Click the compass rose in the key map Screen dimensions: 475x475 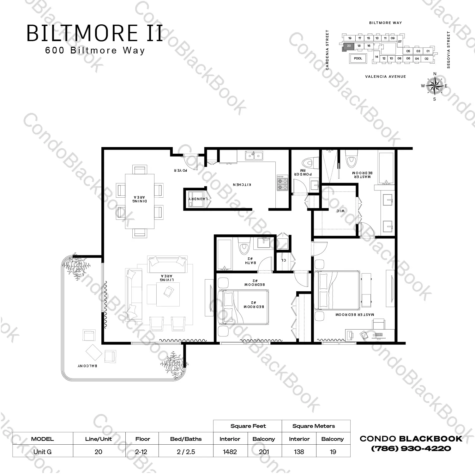435,86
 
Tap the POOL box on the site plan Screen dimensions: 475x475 358,59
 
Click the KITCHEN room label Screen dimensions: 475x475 242,184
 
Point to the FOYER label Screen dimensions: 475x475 181,170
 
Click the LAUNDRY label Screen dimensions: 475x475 198,199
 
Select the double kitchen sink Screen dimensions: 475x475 255,156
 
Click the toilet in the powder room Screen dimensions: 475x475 308,163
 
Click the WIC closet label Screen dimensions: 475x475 340,211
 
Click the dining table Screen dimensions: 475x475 140,201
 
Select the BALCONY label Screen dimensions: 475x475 87,366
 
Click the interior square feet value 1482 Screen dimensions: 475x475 230,452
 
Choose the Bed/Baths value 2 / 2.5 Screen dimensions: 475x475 186,452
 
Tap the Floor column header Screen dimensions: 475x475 142,439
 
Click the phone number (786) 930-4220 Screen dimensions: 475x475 411,448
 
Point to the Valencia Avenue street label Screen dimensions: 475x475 385,77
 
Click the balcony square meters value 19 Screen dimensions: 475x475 333,452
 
